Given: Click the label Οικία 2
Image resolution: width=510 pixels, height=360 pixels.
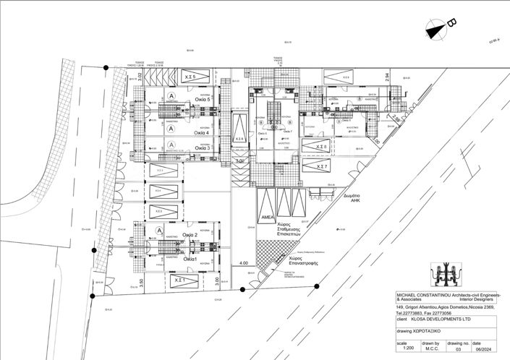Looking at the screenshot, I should [190, 234].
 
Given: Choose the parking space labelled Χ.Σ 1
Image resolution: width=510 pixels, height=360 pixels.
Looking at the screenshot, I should [180, 279].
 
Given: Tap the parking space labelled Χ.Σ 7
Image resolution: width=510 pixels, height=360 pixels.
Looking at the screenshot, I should [320, 166].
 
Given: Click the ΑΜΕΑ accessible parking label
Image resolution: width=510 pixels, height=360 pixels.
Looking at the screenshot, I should [265, 217].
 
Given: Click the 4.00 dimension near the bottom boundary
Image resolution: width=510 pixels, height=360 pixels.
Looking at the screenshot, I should [244, 263].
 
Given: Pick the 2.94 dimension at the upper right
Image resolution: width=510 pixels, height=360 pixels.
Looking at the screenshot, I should [387, 76].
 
